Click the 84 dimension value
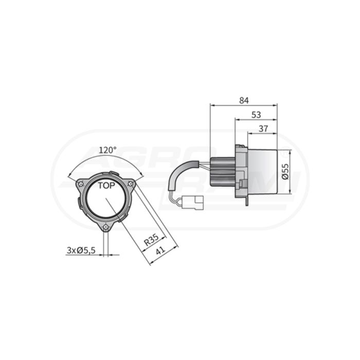244,101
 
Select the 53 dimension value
256,115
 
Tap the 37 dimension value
263,129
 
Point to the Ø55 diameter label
285,171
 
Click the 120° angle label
107,150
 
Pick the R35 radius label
151,239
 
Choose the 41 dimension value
160,250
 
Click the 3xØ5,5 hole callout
81,250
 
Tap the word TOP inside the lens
106,186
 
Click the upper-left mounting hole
81,184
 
